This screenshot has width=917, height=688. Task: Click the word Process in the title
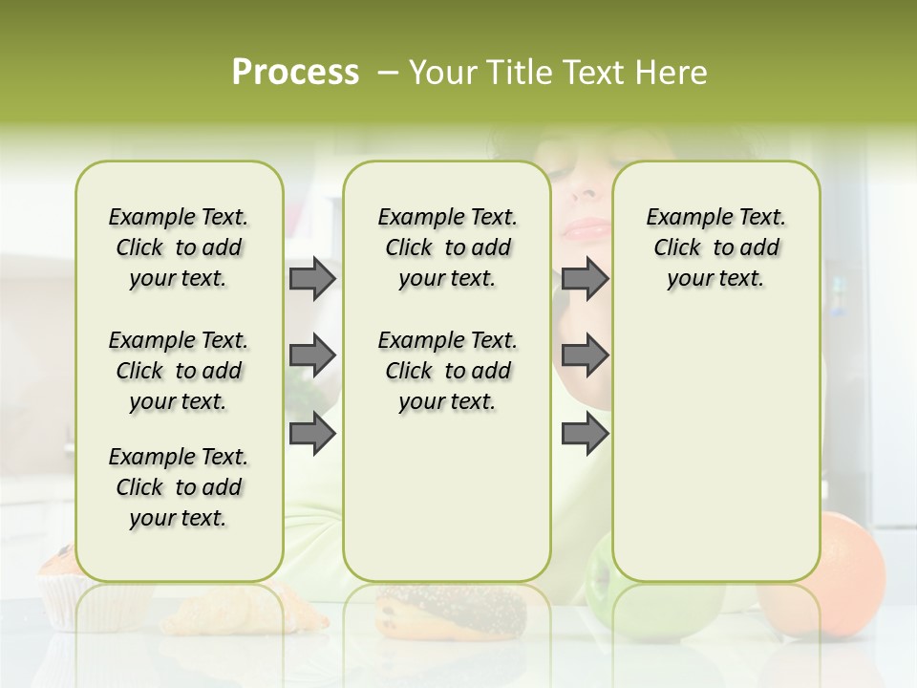295,72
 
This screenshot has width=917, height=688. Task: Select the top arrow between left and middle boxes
312,278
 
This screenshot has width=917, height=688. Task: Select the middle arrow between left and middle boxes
312,355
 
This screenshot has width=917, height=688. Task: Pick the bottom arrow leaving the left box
312,433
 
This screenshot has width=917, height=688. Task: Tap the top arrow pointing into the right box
585,278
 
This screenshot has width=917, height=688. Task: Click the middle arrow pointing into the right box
585,355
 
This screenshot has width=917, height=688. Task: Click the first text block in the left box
179,247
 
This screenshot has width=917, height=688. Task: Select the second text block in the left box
179,370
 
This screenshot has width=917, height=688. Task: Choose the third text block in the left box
179,486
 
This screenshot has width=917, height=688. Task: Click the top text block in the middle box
447,247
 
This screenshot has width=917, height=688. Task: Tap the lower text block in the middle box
447,370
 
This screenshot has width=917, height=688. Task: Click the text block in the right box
715,247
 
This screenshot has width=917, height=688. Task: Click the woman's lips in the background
586,229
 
